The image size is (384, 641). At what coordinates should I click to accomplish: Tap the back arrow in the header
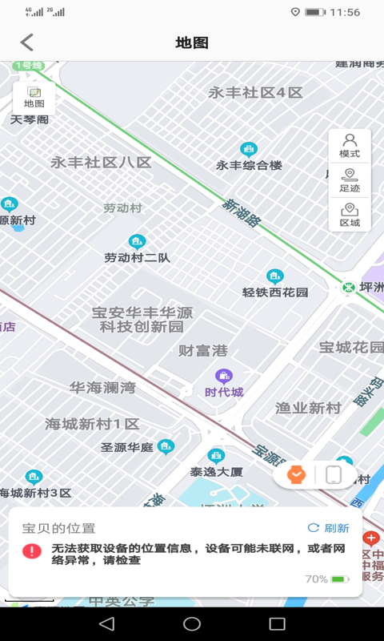(28, 42)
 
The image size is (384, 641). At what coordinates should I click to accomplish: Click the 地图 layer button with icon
(34, 98)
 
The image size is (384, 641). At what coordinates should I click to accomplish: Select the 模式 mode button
(350, 146)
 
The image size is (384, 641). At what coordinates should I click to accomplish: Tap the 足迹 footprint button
(350, 181)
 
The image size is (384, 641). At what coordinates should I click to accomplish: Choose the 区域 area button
(350, 216)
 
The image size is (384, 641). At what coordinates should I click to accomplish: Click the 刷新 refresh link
(329, 528)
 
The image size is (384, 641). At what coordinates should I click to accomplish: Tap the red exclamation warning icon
(32, 551)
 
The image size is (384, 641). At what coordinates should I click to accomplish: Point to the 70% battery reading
(316, 579)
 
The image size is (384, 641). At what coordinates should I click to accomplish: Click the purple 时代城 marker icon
(224, 376)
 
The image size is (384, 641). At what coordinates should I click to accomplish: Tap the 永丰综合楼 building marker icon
(250, 149)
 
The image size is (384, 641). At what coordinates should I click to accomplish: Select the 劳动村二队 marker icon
(137, 241)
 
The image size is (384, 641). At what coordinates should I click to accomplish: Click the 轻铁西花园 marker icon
(275, 276)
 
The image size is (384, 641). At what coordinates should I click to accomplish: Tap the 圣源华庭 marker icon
(166, 446)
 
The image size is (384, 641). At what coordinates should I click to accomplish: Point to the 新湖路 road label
(242, 213)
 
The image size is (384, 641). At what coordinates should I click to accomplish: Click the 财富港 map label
(203, 350)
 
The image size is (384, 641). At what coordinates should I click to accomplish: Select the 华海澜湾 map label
(102, 388)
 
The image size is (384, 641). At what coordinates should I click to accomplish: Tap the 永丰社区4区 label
(256, 92)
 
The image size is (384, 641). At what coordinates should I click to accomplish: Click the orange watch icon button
(297, 474)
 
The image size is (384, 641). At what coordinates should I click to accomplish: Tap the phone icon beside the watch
(334, 474)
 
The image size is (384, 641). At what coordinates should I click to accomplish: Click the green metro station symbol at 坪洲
(348, 287)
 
